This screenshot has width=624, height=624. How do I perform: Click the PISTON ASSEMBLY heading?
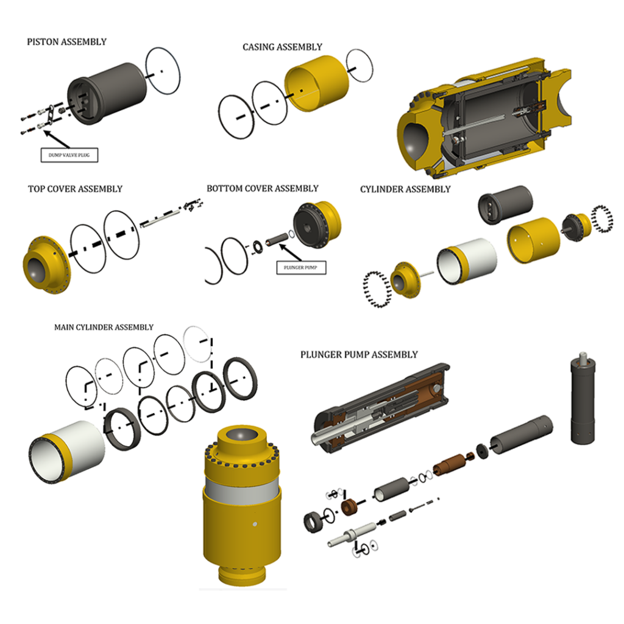click(x=66, y=42)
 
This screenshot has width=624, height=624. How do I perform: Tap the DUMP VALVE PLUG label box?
click(x=69, y=155)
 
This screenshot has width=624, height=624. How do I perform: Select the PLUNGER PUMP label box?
click(x=301, y=268)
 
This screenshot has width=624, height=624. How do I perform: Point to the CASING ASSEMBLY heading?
click(x=282, y=47)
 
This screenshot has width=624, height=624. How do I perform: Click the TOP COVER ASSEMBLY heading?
click(x=75, y=189)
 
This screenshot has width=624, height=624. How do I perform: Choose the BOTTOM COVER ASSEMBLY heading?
click(x=262, y=188)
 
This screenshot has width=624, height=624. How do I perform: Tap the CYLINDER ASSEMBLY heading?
click(x=405, y=189)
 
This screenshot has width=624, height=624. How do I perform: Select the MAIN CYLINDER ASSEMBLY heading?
click(x=104, y=327)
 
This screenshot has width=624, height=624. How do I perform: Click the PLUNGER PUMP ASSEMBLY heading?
click(x=359, y=355)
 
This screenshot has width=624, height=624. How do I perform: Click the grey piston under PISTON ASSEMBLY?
click(x=107, y=93)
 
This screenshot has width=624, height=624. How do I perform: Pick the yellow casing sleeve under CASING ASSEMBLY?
click(x=316, y=83)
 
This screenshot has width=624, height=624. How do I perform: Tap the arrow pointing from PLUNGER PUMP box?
click(x=290, y=252)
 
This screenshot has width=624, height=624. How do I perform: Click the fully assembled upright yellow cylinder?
click(x=242, y=505)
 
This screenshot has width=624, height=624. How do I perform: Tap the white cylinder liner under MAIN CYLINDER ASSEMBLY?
click(x=67, y=452)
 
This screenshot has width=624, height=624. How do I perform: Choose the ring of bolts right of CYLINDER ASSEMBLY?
click(x=601, y=219)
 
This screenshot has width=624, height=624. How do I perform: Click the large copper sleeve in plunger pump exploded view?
click(x=449, y=464)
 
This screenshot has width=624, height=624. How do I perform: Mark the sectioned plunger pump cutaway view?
click(x=380, y=408)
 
